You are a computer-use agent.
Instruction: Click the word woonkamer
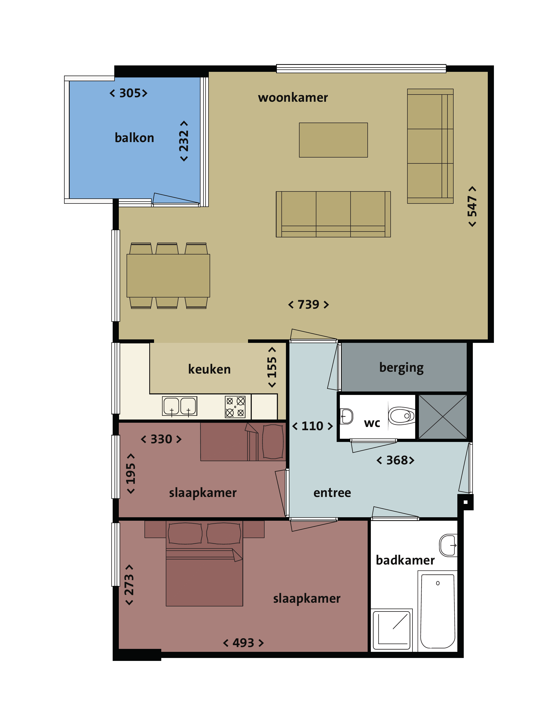[293, 97]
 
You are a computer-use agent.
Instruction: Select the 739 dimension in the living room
[308, 304]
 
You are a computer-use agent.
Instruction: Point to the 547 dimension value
[472, 206]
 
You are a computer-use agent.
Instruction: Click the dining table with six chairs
[168, 276]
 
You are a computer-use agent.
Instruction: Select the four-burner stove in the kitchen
[235, 407]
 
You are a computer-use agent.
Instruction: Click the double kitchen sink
[180, 406]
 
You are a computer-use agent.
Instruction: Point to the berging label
[401, 368]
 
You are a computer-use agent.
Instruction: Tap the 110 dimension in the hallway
[312, 426]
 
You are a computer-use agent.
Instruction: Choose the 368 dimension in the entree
[395, 460]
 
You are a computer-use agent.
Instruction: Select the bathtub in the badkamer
[438, 611]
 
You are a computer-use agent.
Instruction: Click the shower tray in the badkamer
[392, 629]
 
